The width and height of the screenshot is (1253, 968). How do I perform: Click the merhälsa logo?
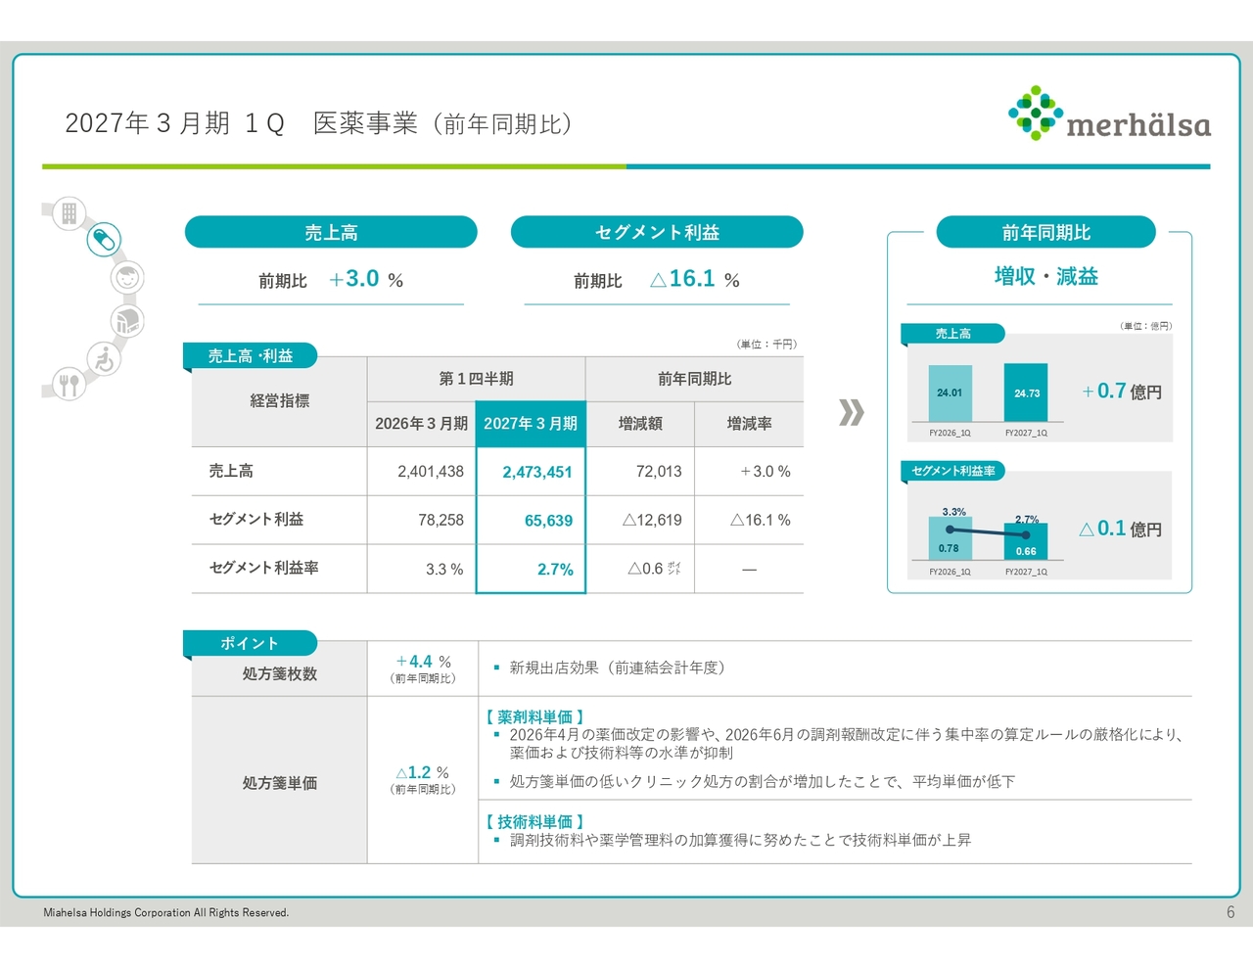coord(1109,114)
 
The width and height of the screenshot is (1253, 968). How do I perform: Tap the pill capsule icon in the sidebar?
coord(104,239)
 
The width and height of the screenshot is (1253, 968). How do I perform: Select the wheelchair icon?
coord(105,359)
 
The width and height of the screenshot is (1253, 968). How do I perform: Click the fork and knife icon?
coord(69,385)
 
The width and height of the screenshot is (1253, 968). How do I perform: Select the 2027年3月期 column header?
coord(531,424)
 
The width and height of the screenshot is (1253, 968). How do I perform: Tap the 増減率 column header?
coord(749,424)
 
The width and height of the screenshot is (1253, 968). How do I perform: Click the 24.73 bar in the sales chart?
coord(1026,392)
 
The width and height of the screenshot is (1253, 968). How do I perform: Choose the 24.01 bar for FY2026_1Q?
coord(950,393)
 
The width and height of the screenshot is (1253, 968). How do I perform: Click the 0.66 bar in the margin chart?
coord(1026,541)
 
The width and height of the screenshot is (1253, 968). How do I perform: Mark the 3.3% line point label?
coord(953,511)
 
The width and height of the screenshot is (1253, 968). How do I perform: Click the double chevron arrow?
coord(851,412)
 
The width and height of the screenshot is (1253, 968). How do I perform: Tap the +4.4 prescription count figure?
coord(415,661)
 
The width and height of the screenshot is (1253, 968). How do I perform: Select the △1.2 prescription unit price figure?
coord(413,772)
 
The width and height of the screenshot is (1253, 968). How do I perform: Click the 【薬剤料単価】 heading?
coord(534,716)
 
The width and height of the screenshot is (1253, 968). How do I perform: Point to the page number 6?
coord(1230,911)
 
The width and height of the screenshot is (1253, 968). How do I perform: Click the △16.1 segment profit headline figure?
coord(682,279)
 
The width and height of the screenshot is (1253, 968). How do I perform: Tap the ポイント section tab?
coord(250,643)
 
